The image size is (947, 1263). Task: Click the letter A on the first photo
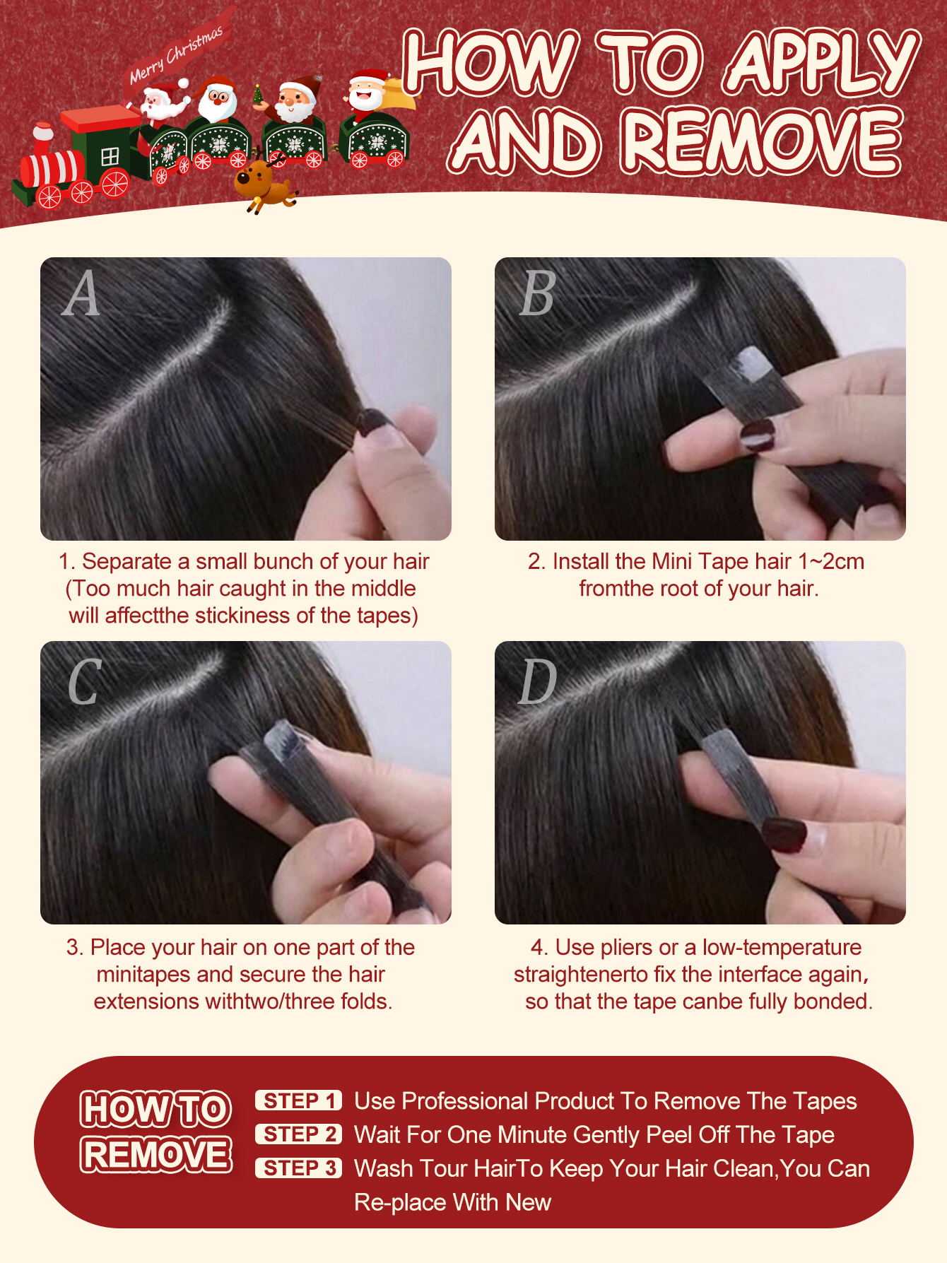(x=81, y=293)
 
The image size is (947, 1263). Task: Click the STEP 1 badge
(x=298, y=1100)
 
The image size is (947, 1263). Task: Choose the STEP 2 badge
(x=298, y=1134)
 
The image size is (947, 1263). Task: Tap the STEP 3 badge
(x=298, y=1168)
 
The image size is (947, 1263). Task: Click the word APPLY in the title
(x=823, y=64)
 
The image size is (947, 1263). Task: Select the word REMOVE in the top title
(x=763, y=141)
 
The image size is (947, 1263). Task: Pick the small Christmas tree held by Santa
(x=259, y=94)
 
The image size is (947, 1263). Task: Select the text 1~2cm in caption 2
(x=830, y=561)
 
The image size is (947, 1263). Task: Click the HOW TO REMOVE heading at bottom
(x=156, y=1132)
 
